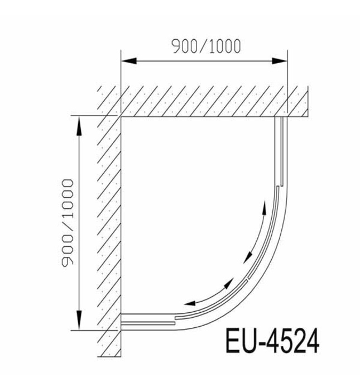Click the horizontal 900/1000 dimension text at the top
206,46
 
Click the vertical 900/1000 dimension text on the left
68,223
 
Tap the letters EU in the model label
241,341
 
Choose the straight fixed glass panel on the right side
280,151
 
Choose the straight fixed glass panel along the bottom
148,321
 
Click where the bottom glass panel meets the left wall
122,321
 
